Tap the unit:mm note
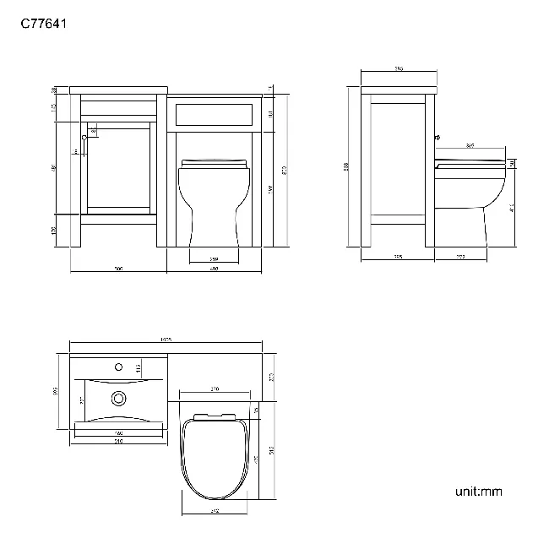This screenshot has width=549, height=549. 479,491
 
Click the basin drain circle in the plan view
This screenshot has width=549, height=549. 119,396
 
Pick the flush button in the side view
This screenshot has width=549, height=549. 437,136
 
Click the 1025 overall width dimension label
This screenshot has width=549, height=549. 166,340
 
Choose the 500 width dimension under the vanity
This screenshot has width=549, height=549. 118,269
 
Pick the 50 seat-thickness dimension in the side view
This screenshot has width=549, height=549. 513,164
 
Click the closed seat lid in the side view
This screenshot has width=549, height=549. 469,160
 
